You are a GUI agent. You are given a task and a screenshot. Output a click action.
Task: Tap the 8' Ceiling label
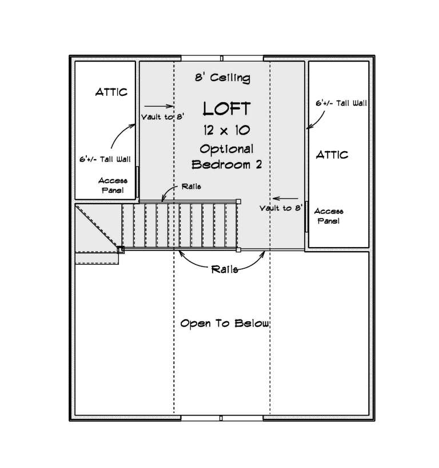223,78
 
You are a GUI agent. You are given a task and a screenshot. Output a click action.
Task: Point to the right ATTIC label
332,155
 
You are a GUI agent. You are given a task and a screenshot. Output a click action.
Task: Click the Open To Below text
224,324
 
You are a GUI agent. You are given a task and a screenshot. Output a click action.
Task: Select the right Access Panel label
329,216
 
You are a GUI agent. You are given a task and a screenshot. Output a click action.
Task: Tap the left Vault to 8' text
162,117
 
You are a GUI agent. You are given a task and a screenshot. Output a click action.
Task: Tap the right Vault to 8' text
280,208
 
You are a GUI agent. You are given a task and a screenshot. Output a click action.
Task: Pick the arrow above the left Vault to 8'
158,106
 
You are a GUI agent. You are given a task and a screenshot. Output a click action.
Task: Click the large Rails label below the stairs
225,269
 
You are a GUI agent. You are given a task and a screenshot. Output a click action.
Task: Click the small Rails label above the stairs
191,187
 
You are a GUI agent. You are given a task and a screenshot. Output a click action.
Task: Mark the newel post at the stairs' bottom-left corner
121,249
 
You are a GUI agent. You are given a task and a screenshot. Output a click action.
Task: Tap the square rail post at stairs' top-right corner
238,201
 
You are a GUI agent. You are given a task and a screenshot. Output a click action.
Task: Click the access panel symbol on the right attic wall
306,216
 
